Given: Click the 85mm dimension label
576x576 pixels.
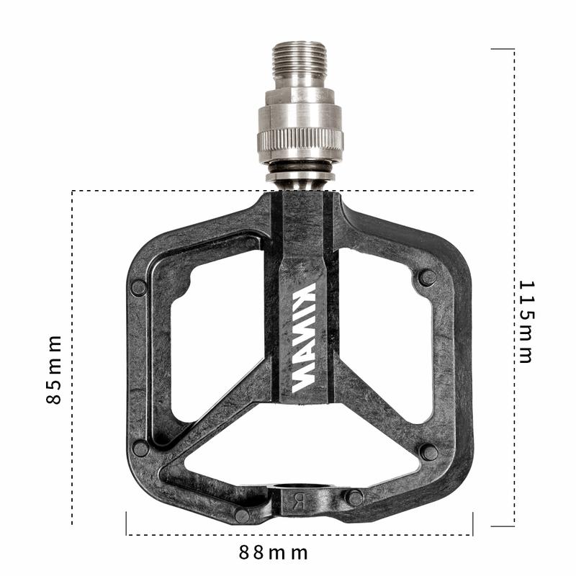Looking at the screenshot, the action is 53,369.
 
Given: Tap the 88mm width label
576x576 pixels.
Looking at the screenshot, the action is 274,552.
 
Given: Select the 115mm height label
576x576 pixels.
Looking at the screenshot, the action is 526,322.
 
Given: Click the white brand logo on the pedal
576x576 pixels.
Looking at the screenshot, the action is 304,337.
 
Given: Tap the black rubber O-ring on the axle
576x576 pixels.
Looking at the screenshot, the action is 300,169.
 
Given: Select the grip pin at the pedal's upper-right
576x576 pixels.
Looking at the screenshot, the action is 428,278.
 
